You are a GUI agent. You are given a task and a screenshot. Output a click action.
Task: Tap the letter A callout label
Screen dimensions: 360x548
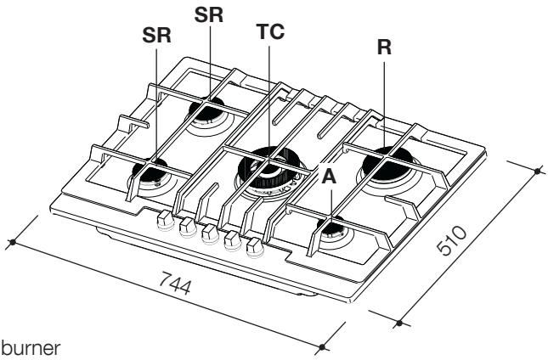pyautogui.click(x=330, y=177)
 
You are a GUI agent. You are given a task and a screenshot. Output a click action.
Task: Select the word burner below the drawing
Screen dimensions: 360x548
pyautogui.click(x=26, y=347)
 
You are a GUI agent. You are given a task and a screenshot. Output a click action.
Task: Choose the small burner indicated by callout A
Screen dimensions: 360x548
pyautogui.click(x=330, y=228)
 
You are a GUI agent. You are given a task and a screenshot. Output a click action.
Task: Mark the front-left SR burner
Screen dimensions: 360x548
pyautogui.click(x=152, y=174)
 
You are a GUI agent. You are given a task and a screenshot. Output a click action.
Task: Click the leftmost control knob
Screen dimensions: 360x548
pyautogui.click(x=161, y=218)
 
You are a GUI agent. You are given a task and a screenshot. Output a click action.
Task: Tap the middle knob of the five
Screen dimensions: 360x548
pyautogui.click(x=206, y=232)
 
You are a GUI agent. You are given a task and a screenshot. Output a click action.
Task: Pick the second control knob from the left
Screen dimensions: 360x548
pyautogui.click(x=184, y=225)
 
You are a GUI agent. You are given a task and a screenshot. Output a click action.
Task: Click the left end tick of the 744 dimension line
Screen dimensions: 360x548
pyautogui.click(x=13, y=245)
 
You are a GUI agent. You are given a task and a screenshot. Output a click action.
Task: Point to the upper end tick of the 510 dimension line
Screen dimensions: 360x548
pyautogui.click(x=538, y=170)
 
